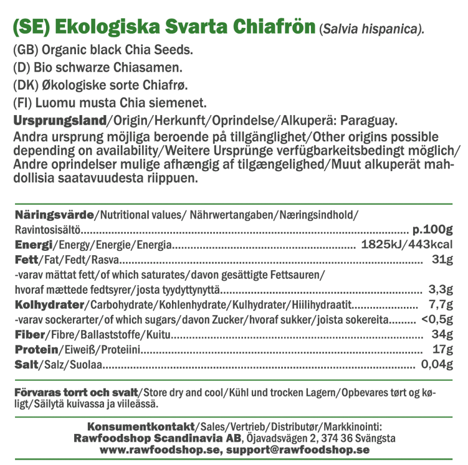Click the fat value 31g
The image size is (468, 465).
pos(441,260)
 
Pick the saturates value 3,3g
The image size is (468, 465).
pos(439,289)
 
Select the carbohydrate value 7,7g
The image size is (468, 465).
pos(439,304)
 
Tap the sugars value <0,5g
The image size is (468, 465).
pos(436,320)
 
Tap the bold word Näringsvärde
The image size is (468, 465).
pos(54,214)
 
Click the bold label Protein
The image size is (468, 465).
pos(35,350)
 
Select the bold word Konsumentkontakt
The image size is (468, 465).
pos(141,427)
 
